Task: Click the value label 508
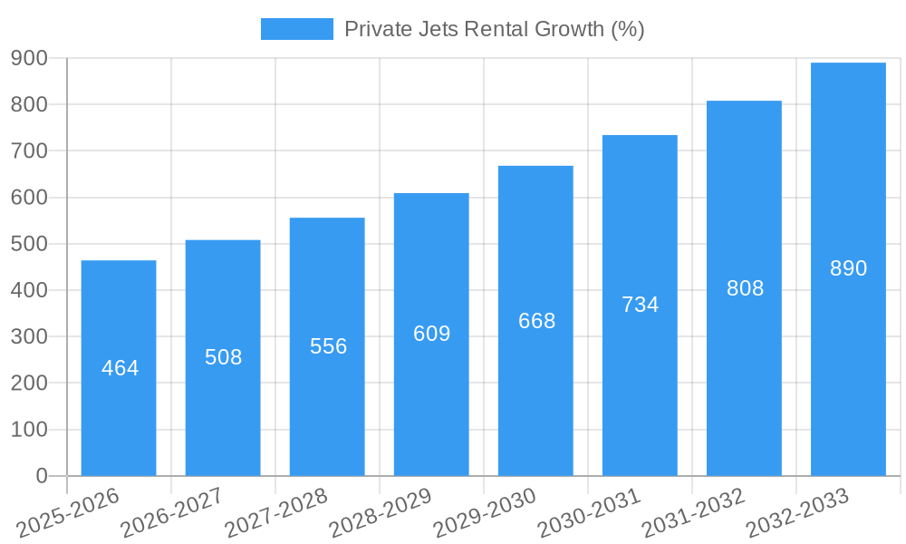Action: point(223,357)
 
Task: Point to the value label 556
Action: point(328,346)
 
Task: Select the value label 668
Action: point(536,321)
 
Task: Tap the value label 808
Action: point(745,288)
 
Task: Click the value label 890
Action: point(848,268)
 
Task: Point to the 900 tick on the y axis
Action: point(29,58)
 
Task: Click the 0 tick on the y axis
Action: point(41,476)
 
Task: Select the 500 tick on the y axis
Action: point(29,244)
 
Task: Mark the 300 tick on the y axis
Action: point(29,336)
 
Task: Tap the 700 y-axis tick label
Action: point(29,151)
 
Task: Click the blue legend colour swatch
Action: point(296,29)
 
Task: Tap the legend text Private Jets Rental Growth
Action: point(494,29)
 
